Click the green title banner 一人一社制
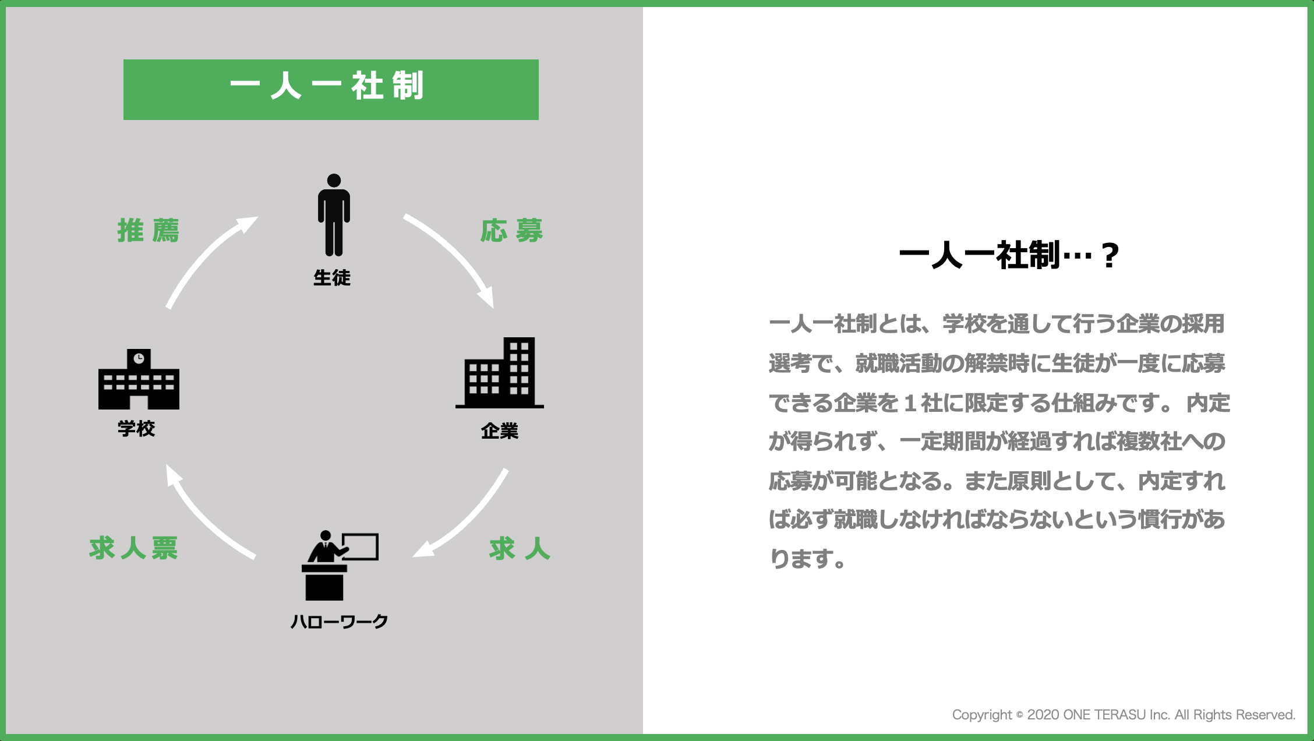331,90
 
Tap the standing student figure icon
334,215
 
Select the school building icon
139,379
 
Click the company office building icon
500,372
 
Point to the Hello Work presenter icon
340,565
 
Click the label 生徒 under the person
332,278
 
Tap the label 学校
136,428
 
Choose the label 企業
500,431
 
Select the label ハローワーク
339,622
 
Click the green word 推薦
149,231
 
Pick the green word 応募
512,231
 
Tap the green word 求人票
133,548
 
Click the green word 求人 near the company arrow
520,549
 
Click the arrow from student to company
458,252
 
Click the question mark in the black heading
1110,256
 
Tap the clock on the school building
139,358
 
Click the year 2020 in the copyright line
1043,715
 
